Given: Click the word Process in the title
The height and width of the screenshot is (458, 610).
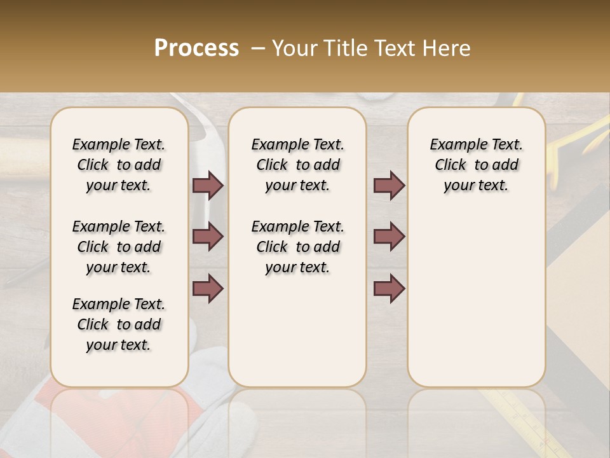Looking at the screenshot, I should [x=196, y=48].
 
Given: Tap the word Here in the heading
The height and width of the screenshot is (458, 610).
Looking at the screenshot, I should [x=448, y=48].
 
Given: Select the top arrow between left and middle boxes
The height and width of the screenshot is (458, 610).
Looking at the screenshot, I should [x=208, y=186].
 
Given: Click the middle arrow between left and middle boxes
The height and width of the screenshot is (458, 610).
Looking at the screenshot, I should [x=208, y=237].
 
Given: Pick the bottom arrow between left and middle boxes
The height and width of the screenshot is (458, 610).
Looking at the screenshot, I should [x=208, y=289].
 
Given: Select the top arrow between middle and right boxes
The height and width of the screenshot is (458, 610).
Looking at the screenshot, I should [x=389, y=186].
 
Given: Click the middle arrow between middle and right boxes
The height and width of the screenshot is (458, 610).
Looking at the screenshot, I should [x=389, y=237].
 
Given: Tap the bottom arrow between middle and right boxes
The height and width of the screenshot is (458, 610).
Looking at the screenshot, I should [x=389, y=289].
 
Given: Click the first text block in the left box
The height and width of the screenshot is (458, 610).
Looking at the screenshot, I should [x=119, y=165].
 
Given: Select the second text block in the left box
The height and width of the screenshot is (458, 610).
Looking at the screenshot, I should [x=119, y=247].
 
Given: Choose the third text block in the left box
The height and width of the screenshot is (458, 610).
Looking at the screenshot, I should [x=119, y=324].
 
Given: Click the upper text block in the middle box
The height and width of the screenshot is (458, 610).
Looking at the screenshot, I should [x=297, y=165].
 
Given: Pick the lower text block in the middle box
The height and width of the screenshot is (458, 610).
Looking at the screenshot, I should [x=297, y=247].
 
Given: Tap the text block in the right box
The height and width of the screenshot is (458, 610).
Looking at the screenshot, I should [x=476, y=165].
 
